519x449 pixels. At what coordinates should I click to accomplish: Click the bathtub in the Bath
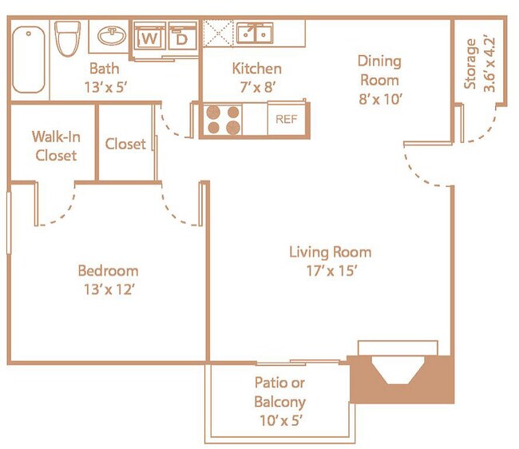pos(29,60)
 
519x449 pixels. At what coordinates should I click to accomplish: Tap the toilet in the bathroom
pos(68,38)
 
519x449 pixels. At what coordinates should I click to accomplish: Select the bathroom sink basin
pos(112,35)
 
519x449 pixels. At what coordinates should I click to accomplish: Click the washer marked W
pos(149,36)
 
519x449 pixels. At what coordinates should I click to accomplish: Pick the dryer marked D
pos(182,36)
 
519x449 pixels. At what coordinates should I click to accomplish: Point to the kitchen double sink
pos(255,33)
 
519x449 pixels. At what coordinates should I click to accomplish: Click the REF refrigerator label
pos(287,119)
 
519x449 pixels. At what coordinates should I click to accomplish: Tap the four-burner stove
pos(223,120)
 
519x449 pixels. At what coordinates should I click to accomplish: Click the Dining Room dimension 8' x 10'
pos(380,99)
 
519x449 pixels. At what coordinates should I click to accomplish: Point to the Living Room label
pos(330,252)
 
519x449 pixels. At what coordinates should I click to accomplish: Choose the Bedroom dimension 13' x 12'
pos(109,289)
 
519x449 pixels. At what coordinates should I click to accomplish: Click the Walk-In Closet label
pos(56,146)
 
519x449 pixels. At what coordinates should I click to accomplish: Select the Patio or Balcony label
pos(280,392)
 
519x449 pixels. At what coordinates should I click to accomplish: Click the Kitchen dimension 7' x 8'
pos(258,87)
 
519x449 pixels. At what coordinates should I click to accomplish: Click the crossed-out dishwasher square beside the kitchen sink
pos(218,33)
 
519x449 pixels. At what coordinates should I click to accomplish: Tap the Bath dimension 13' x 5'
pos(106,87)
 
